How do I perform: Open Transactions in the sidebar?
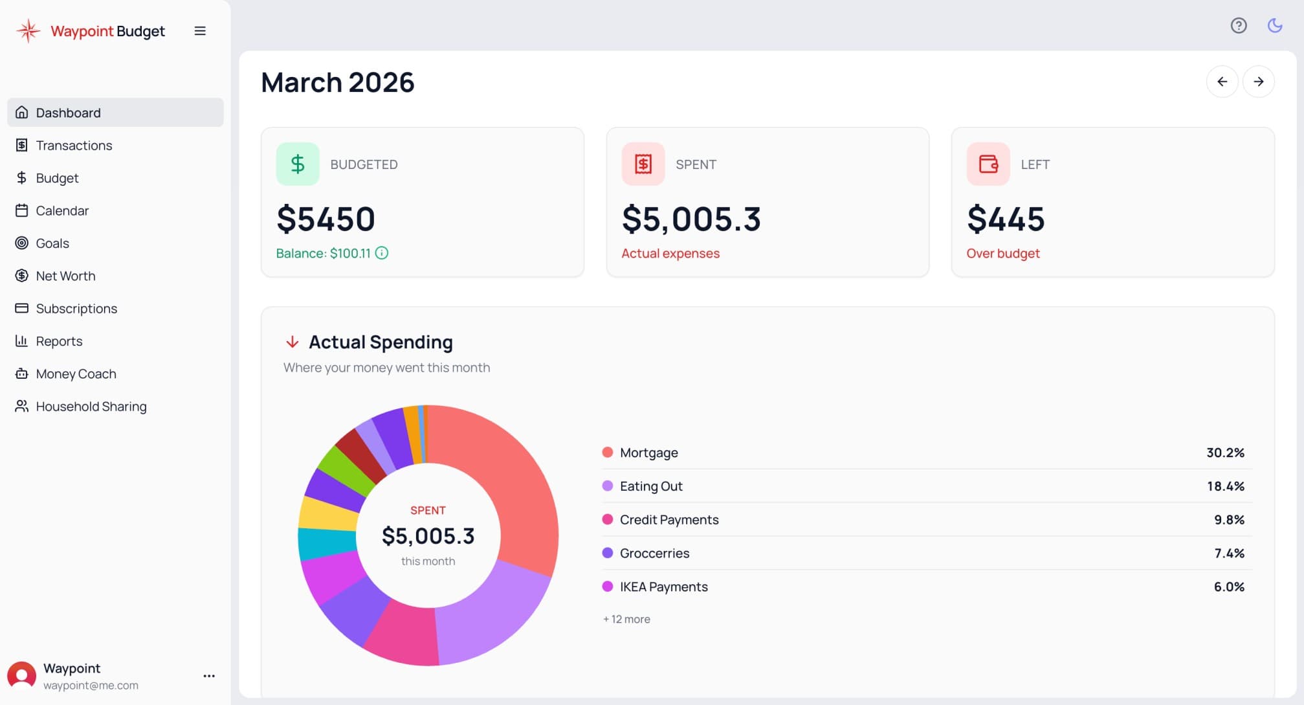tap(74, 146)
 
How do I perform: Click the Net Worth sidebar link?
tap(65, 276)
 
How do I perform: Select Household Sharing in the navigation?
tap(91, 407)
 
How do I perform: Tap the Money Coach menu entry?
tap(76, 374)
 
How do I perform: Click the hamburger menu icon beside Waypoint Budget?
tap(200, 31)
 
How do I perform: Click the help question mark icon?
tap(1238, 26)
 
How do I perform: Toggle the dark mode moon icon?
tap(1274, 26)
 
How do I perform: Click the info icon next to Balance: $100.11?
tap(382, 253)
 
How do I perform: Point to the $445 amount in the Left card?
tap(1005, 219)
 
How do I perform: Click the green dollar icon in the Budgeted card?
tap(298, 164)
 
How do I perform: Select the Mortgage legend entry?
tap(648, 453)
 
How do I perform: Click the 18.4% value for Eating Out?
tap(1225, 486)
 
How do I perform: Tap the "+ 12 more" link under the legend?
tap(626, 620)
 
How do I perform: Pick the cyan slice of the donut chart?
tap(326, 543)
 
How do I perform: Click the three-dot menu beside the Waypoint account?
tap(209, 676)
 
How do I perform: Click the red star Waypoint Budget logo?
tap(28, 31)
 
